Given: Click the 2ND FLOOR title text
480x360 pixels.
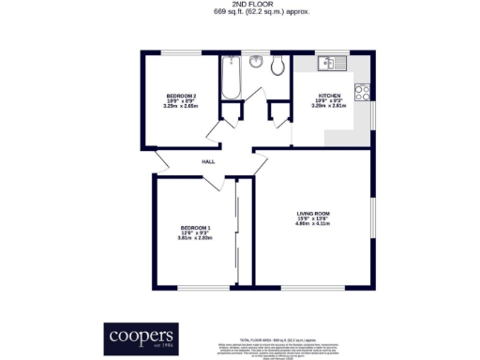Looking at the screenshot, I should pos(240,5).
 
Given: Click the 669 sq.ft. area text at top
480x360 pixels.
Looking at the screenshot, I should pos(240,12).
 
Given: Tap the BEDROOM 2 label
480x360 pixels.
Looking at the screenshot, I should pos(181,96).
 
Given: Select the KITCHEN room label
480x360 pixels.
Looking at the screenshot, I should pos(328,96).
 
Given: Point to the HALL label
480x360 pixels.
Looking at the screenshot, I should pos(208,161).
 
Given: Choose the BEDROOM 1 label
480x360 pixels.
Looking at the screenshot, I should pos(195,228).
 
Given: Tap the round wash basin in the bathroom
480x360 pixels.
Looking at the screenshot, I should pos(256,63).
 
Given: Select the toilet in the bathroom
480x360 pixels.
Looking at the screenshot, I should pos(277,66).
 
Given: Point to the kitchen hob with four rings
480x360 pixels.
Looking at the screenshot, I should pos(362,94).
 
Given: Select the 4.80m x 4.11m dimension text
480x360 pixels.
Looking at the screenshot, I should pos(313,225).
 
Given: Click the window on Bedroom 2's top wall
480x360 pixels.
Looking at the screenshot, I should pos(180,52).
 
